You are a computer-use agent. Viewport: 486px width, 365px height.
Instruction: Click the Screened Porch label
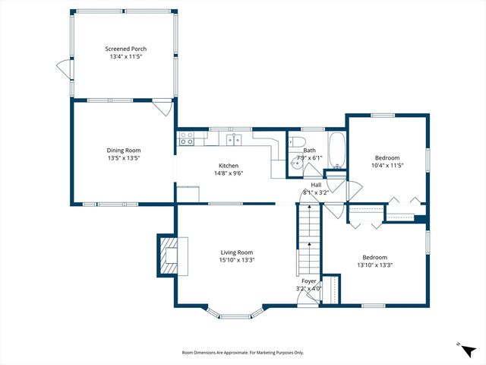tap(126, 49)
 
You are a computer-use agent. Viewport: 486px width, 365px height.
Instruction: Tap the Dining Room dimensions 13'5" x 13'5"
tap(123, 158)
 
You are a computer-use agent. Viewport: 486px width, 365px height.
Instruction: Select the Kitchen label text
tap(229, 166)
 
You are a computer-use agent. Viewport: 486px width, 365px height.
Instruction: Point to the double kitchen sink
tap(235, 139)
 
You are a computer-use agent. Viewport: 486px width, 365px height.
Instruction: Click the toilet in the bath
tap(298, 143)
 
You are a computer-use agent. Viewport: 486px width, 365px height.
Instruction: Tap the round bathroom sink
tap(295, 162)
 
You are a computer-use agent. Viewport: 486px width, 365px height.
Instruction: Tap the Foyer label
tap(308, 281)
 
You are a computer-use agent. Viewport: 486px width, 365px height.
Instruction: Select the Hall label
tap(316, 185)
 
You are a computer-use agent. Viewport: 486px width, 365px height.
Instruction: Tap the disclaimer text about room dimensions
tap(243, 353)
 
